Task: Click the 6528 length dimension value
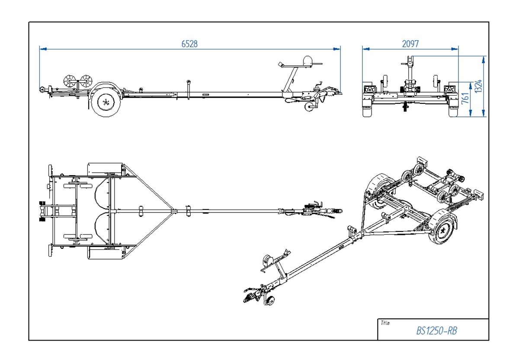[189, 44]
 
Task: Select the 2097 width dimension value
[410, 44]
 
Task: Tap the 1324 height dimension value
[478, 86]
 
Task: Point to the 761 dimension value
[465, 99]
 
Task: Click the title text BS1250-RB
[437, 331]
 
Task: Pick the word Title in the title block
[384, 323]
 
